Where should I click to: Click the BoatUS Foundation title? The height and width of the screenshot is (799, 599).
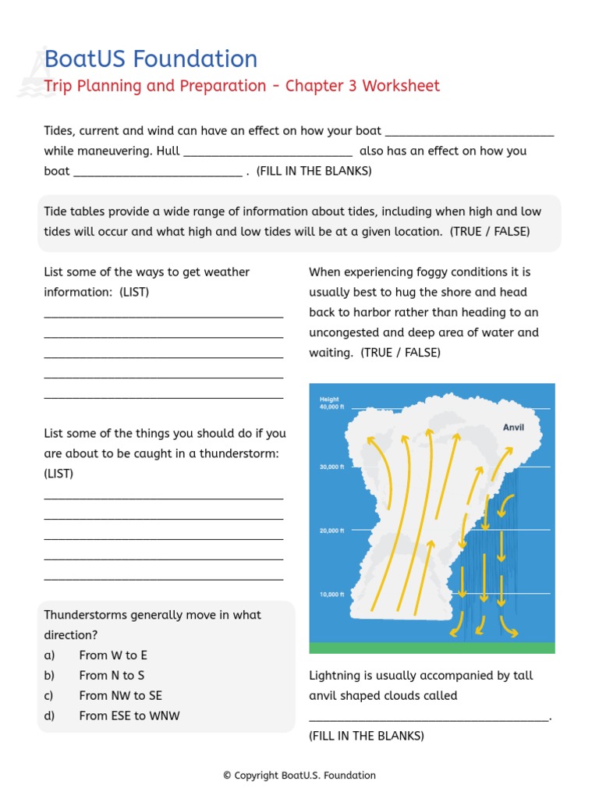tap(151, 59)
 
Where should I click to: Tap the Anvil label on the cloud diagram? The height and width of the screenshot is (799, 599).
tap(513, 428)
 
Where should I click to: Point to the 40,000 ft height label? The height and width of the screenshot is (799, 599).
tap(331, 407)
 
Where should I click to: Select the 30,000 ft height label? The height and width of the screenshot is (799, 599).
tap(331, 467)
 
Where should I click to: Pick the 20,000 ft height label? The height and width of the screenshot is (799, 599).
tap(331, 531)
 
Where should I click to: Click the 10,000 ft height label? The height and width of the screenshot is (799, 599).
tap(331, 595)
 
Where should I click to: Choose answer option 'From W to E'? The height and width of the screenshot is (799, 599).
tap(113, 655)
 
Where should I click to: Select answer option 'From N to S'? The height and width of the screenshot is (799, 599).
tap(112, 676)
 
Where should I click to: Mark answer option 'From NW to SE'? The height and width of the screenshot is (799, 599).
tap(120, 695)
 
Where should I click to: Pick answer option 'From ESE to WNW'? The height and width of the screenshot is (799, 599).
tap(129, 716)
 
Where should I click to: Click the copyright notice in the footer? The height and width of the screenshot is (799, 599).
tap(299, 776)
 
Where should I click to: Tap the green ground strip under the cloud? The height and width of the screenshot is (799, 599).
tap(432, 648)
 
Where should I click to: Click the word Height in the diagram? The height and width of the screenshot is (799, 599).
tap(329, 399)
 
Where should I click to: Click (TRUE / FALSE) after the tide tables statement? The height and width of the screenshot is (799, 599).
tap(490, 232)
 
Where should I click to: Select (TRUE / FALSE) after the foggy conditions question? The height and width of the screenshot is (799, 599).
tap(400, 353)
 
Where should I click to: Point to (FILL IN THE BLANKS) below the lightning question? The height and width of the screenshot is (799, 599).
tap(367, 736)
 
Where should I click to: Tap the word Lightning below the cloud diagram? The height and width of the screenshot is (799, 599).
tap(336, 676)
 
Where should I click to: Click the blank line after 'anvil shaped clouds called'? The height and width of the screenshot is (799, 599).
tap(429, 718)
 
